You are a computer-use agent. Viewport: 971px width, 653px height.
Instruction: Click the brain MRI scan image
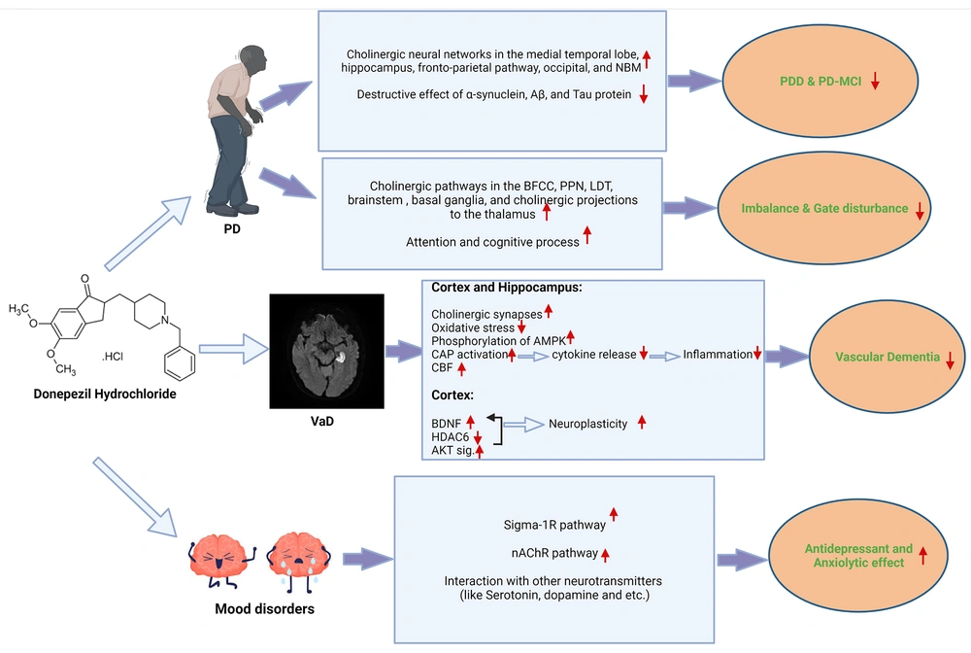(x=326, y=351)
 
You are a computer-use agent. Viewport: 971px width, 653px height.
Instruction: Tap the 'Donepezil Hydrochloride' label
(x=105, y=394)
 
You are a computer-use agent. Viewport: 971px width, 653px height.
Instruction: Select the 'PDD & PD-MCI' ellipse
(x=820, y=82)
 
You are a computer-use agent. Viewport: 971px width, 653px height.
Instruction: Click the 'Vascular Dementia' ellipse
(x=887, y=357)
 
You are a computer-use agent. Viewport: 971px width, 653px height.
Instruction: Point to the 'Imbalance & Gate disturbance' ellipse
(x=824, y=208)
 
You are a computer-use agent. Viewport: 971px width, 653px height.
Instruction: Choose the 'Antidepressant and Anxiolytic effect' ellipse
(x=858, y=556)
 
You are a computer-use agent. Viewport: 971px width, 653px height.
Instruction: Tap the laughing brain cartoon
(x=221, y=561)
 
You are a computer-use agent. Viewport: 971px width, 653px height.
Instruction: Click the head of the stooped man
(x=252, y=59)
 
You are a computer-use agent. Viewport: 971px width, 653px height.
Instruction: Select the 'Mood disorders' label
(x=264, y=609)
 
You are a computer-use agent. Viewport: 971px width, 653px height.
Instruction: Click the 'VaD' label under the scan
(x=322, y=422)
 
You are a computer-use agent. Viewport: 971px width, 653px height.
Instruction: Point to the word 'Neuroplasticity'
(x=587, y=424)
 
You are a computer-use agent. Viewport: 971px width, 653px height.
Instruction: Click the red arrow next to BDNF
(x=471, y=422)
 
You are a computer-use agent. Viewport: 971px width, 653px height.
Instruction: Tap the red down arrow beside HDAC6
(x=478, y=437)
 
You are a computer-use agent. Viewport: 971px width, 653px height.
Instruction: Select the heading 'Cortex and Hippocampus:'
(x=507, y=288)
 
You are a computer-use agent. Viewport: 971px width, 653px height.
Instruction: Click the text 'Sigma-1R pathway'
(x=554, y=525)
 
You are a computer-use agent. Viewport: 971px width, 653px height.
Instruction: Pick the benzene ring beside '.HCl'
(x=181, y=363)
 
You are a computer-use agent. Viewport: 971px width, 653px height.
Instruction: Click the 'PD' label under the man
(x=232, y=229)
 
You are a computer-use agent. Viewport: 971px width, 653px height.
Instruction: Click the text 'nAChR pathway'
(x=554, y=553)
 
